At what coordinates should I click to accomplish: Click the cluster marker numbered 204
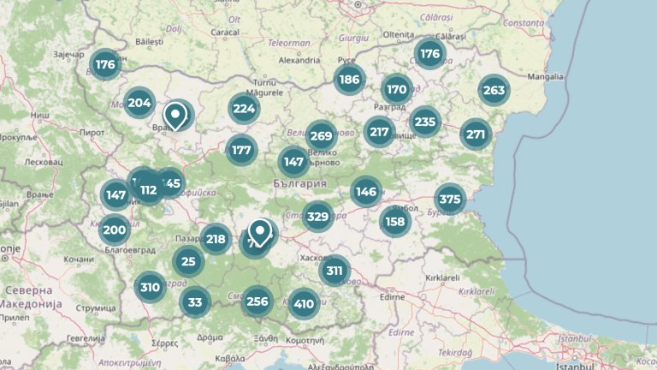click(139, 104)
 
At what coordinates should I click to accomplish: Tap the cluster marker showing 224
click(244, 108)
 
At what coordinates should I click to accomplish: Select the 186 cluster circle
click(348, 81)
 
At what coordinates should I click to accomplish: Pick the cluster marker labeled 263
click(494, 90)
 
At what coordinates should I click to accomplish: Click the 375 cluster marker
click(449, 200)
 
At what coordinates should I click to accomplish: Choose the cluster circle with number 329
click(317, 216)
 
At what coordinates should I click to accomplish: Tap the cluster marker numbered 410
click(304, 303)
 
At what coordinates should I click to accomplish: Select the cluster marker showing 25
click(189, 261)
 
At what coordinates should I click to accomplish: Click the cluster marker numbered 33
click(195, 301)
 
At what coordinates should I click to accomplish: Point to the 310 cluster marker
click(151, 287)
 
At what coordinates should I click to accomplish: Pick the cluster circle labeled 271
click(476, 134)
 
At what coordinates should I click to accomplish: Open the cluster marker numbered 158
click(395, 222)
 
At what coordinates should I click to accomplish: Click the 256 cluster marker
click(257, 301)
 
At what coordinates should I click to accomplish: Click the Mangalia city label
click(546, 76)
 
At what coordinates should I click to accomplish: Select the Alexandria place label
click(299, 61)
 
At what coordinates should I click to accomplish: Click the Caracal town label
click(223, 33)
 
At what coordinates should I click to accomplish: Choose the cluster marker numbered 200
click(114, 230)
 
